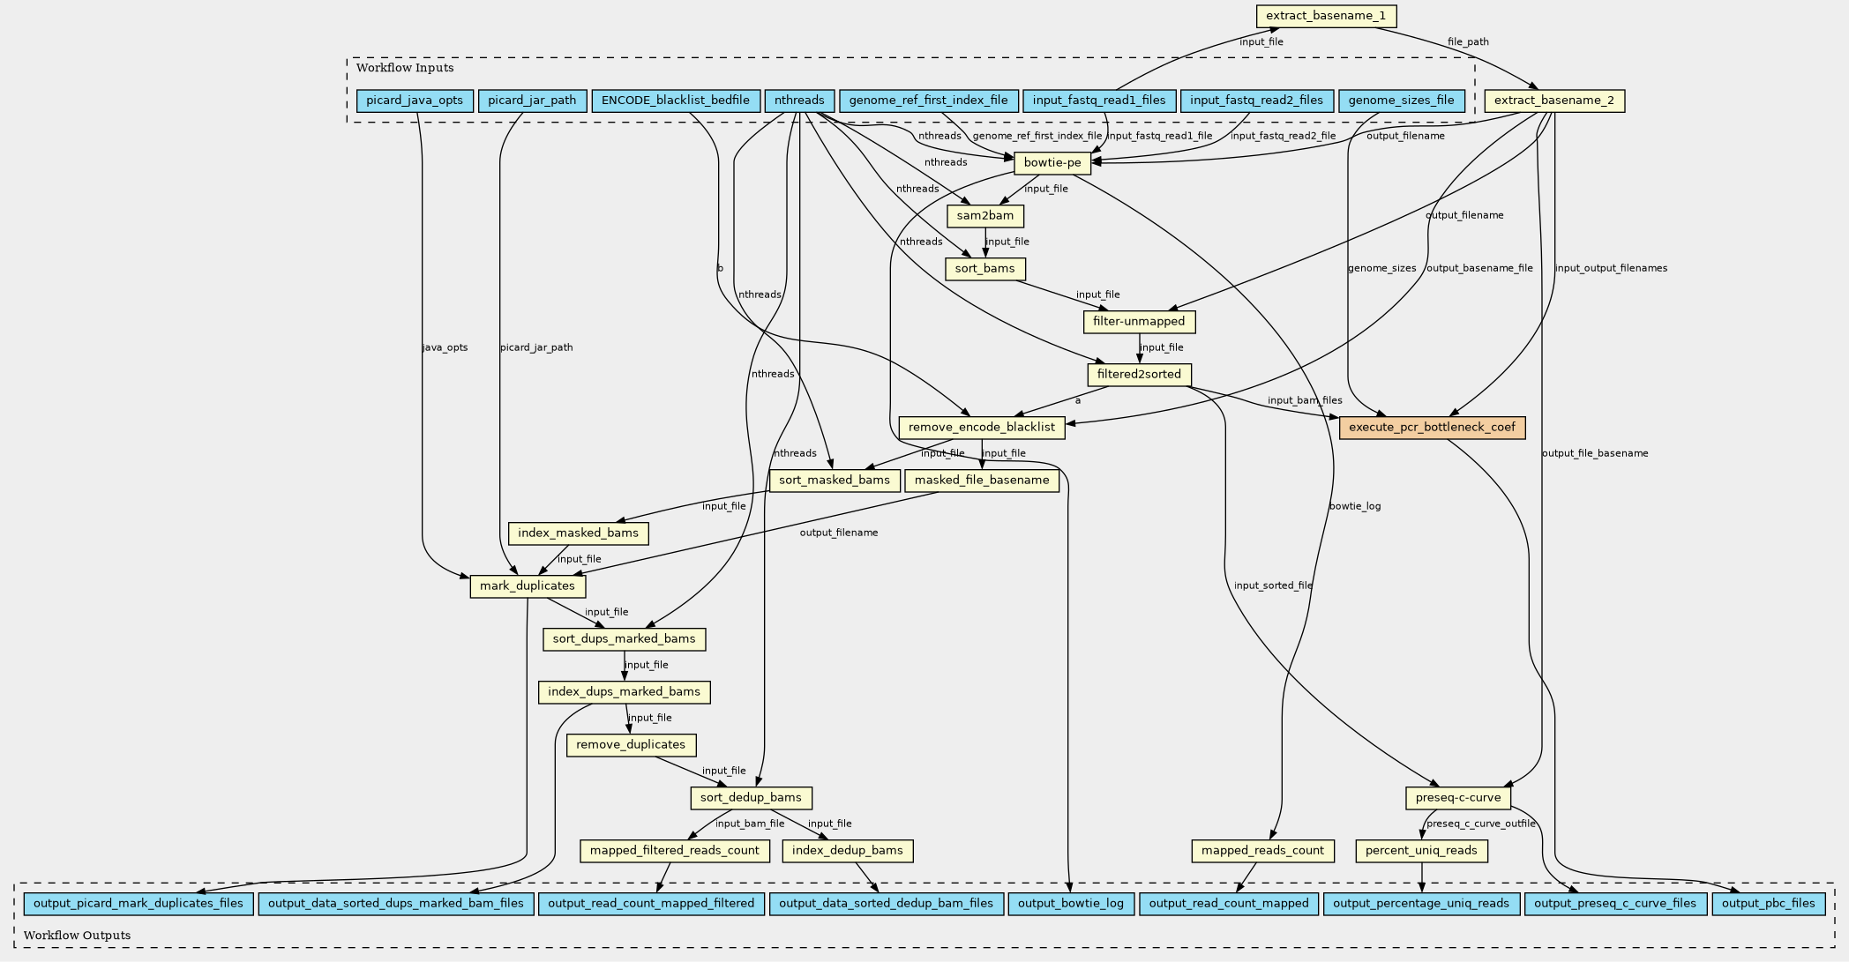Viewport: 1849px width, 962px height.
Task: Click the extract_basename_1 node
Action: (x=1327, y=16)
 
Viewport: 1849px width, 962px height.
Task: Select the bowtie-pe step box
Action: (x=1052, y=162)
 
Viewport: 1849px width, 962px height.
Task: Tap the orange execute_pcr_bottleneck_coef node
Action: (x=1432, y=428)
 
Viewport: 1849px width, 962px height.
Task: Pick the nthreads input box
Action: (x=799, y=101)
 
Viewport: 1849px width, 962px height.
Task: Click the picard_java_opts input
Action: (x=415, y=101)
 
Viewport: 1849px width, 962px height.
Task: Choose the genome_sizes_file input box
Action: (x=1401, y=101)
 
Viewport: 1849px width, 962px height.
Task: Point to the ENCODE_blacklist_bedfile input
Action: (x=676, y=101)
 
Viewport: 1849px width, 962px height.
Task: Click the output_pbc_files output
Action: (x=1769, y=903)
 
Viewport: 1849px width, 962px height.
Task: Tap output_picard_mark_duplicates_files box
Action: (x=138, y=903)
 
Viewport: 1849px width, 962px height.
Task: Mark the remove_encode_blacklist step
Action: (x=982, y=428)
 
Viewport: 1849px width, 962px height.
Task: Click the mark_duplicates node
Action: (x=528, y=586)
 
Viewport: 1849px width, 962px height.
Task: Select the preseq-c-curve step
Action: (x=1458, y=798)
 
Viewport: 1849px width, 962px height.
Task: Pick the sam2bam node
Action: (x=985, y=216)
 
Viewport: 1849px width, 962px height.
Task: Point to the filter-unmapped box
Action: (x=1139, y=322)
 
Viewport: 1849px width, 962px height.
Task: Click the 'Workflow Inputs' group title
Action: (x=405, y=68)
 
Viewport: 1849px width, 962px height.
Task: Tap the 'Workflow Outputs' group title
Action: (x=77, y=935)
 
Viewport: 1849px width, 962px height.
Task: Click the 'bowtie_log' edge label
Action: (x=1355, y=506)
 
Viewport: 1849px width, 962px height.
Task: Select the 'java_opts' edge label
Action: (x=445, y=347)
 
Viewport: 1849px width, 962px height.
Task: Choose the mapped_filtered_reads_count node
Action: (x=675, y=851)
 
